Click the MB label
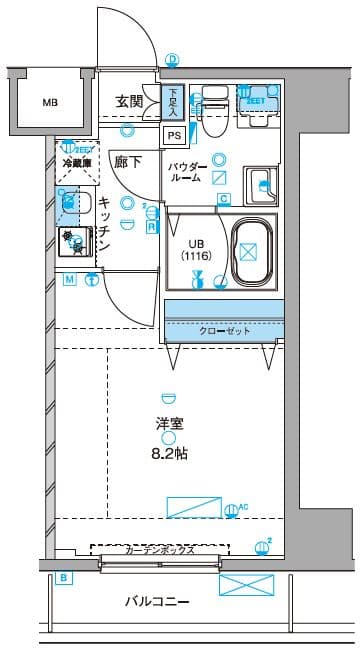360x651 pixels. [49, 102]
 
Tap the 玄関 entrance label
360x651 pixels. [129, 101]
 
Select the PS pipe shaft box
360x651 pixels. [174, 135]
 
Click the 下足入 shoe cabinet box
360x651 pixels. [173, 101]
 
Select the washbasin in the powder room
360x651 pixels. [262, 184]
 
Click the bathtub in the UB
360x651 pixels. [254, 254]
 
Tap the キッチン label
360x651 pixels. [103, 222]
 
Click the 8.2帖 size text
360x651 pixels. [169, 454]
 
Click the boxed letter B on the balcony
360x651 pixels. [64, 578]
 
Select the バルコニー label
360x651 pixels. [158, 602]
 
